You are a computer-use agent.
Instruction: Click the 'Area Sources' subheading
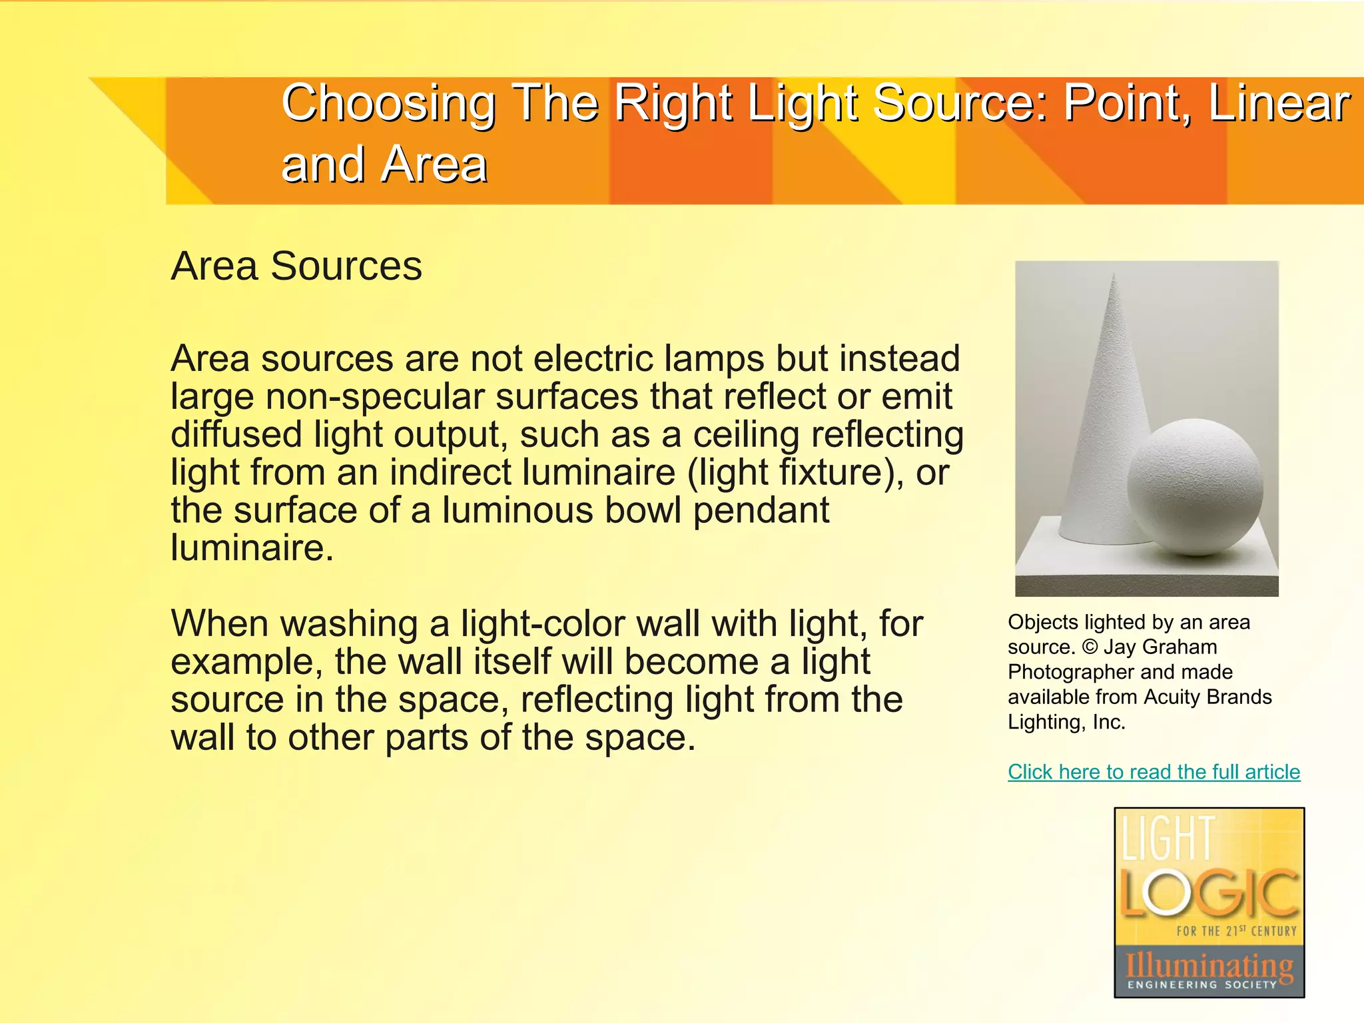[296, 266]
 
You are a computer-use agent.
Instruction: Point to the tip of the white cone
[1114, 276]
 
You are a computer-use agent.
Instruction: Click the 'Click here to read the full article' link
[1154, 771]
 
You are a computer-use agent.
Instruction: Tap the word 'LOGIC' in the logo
[1209, 893]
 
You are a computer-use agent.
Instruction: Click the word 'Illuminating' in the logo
[1209, 964]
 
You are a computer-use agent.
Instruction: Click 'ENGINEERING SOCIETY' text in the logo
[1202, 984]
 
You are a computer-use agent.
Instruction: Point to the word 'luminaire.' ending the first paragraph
[252, 549]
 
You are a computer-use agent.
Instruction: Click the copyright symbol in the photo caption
[1090, 647]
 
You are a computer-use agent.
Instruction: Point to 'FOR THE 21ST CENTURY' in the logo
[1236, 931]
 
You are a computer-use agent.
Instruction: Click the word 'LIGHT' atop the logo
[1169, 839]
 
